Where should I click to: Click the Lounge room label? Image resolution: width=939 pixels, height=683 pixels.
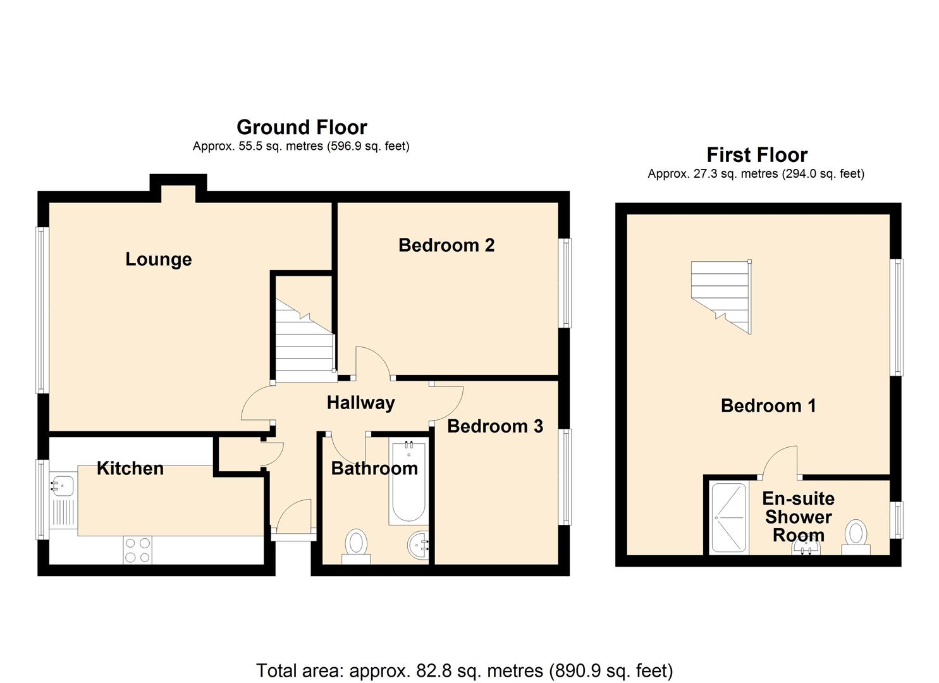point(158,259)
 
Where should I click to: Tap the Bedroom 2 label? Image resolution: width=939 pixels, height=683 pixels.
point(446,245)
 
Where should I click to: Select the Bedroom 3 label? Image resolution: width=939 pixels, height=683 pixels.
point(494,427)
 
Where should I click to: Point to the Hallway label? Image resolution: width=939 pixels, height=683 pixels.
point(360,403)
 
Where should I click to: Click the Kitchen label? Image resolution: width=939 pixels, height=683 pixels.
point(130,469)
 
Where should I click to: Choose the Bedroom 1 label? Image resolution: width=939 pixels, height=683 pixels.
point(768,405)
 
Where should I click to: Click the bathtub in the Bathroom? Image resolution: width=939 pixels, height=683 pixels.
point(408,483)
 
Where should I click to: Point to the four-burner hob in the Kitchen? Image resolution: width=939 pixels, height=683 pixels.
point(137,550)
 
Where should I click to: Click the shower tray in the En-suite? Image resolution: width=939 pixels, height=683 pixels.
point(728,518)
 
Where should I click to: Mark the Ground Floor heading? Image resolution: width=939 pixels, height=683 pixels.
point(301,127)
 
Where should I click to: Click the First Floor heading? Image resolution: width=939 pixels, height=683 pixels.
point(756,155)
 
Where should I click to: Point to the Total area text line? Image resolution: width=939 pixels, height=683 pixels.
point(464,670)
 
